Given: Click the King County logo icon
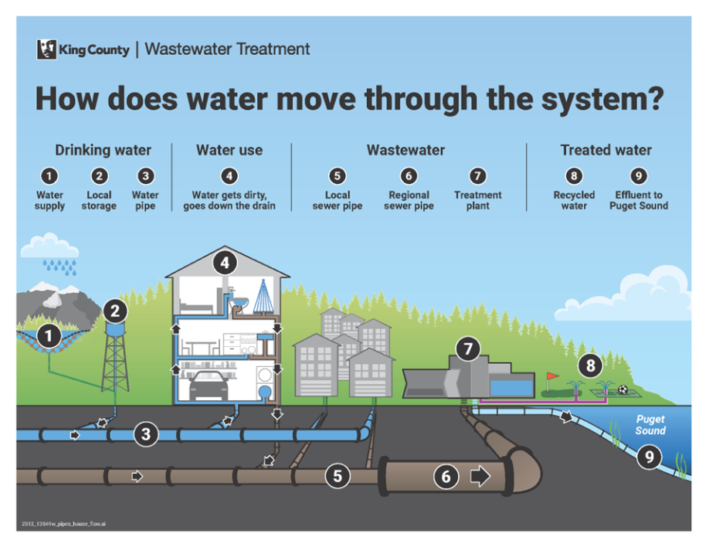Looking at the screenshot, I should (46, 49).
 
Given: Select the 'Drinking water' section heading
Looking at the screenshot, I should (103, 150).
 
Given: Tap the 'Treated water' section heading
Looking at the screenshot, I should (606, 150).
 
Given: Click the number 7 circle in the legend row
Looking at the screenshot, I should (478, 177).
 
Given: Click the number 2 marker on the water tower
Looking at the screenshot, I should (115, 311).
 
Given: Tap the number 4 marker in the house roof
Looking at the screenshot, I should (225, 263).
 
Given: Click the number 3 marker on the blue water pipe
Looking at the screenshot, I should (146, 434).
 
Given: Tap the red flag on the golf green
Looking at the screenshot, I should (551, 378).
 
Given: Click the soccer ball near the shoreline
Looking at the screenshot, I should (622, 390).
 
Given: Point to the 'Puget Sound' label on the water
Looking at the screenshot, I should (650, 425).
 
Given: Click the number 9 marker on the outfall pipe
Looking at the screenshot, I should (649, 457).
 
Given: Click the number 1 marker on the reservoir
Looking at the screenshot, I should (49, 336).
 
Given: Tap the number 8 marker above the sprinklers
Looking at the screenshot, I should (591, 365).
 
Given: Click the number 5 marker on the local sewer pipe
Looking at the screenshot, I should (337, 475).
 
